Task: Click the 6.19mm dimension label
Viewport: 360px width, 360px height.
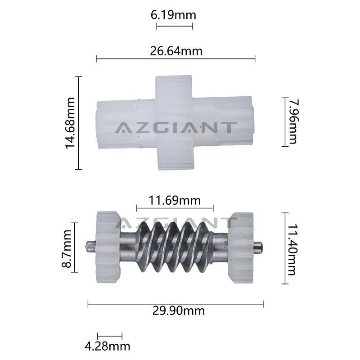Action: tap(173, 15)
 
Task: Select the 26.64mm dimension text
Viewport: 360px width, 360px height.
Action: tap(176, 51)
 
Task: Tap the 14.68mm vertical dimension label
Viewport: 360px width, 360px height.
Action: tap(70, 123)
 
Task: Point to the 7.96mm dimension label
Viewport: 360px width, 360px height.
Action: tap(293, 121)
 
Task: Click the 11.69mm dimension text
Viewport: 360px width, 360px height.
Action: tap(175, 200)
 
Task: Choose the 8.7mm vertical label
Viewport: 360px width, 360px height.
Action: tap(67, 248)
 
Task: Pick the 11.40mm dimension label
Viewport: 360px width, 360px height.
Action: tap(293, 249)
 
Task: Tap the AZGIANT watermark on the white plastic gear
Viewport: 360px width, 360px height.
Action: tap(175, 127)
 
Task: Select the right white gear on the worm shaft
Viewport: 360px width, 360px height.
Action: tap(241, 247)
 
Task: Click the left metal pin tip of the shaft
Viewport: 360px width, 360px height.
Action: tap(90, 247)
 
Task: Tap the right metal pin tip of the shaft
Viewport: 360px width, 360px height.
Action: tap(258, 246)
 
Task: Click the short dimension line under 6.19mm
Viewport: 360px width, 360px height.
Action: tap(175, 26)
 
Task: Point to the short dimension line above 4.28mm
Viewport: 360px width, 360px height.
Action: tap(110, 336)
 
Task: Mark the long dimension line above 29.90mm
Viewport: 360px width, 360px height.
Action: tap(175, 304)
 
